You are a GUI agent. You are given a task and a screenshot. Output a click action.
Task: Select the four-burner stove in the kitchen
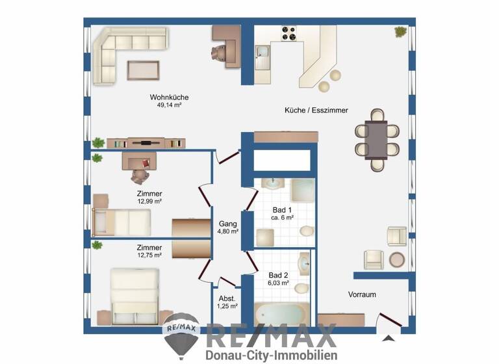(x=288, y=32)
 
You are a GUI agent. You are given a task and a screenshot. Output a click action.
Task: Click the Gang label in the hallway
(x=227, y=223)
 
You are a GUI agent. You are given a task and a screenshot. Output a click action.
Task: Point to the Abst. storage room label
(x=227, y=298)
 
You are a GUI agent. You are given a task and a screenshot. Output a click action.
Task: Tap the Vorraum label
(x=362, y=294)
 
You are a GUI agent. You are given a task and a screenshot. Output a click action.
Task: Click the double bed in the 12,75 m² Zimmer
(x=134, y=296)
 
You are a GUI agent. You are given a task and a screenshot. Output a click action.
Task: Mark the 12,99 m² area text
(x=149, y=201)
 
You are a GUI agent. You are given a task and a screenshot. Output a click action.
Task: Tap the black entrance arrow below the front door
(x=389, y=337)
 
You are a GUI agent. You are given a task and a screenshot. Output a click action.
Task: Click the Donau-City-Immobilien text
(x=271, y=356)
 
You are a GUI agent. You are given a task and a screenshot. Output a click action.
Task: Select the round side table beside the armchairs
(x=396, y=260)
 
